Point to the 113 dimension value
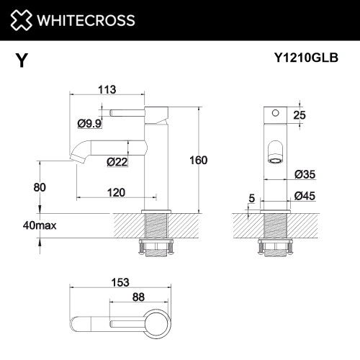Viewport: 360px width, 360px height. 108,90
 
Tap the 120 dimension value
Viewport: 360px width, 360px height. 116,192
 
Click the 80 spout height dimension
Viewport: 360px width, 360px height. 40,187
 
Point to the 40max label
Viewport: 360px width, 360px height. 39,225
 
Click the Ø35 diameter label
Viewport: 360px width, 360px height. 306,174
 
